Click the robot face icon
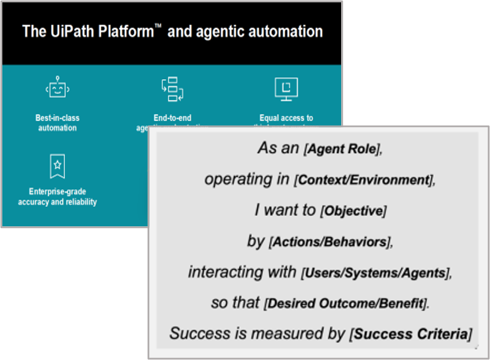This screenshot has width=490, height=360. pyautogui.click(x=57, y=89)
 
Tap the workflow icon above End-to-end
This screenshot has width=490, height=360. pyautogui.click(x=172, y=89)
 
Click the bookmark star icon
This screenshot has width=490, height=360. pyautogui.click(x=57, y=166)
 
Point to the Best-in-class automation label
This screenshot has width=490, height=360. pyautogui.click(x=57, y=123)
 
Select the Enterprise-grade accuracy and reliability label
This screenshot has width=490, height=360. pyautogui.click(x=57, y=197)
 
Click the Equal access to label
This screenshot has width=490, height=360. pyautogui.click(x=286, y=118)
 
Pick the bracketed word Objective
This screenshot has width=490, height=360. pyautogui.click(x=353, y=211)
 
